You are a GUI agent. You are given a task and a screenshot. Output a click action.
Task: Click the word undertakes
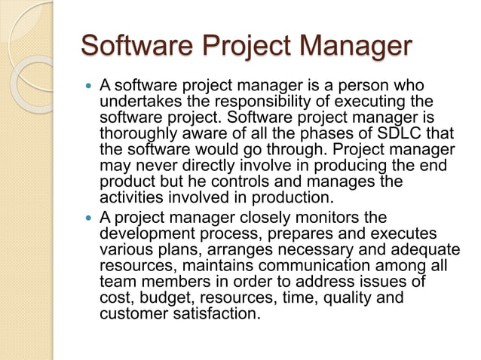coord(135,101)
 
